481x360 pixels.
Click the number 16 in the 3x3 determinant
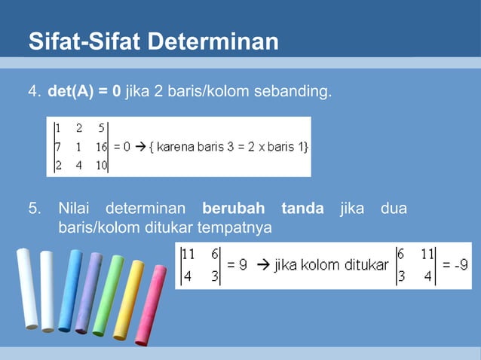(x=101, y=147)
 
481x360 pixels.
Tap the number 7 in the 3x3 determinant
(x=57, y=147)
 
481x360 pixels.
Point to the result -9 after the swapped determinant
(x=458, y=265)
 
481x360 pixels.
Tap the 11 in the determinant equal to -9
(x=428, y=256)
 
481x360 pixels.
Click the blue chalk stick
(x=70, y=290)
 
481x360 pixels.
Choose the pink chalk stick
(x=151, y=305)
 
